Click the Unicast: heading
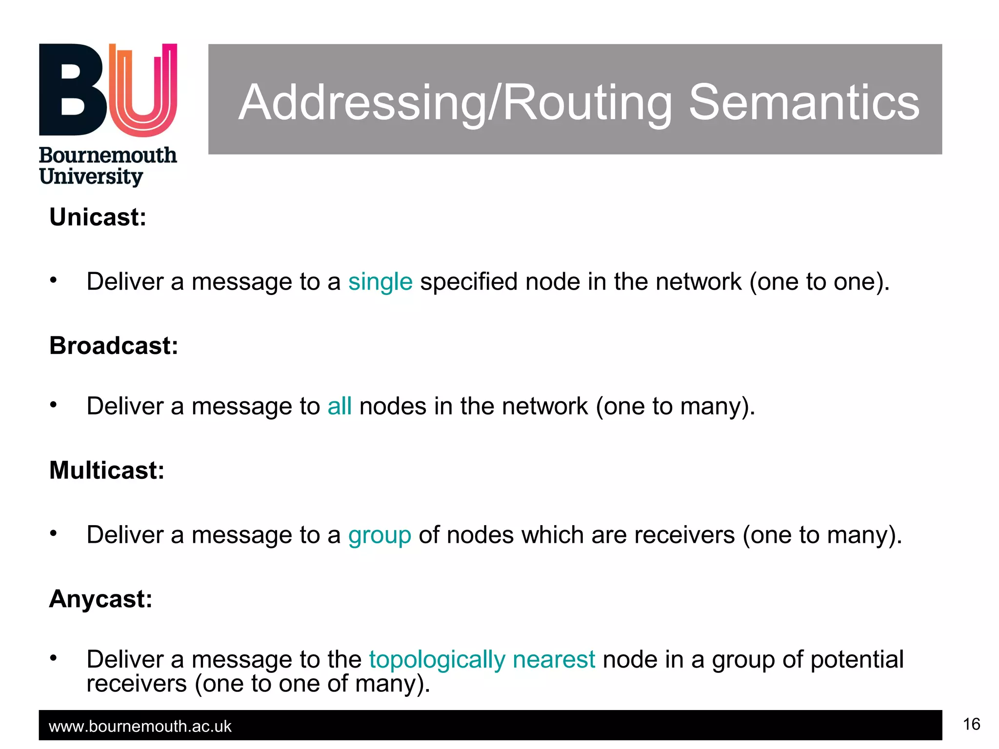coord(98,217)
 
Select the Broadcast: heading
coord(114,346)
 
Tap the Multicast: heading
coord(107,471)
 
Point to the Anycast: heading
coord(100,599)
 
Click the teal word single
coord(380,282)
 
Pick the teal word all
coord(340,406)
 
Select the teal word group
coord(380,535)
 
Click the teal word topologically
coord(437,660)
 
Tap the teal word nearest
coord(554,660)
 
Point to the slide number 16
coord(971,724)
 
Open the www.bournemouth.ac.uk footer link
coord(140,727)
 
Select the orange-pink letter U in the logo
coord(142,90)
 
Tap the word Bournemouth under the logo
coord(108,156)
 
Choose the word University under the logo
coord(91,177)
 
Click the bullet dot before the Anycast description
coord(54,658)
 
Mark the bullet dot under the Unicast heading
coord(54,280)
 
